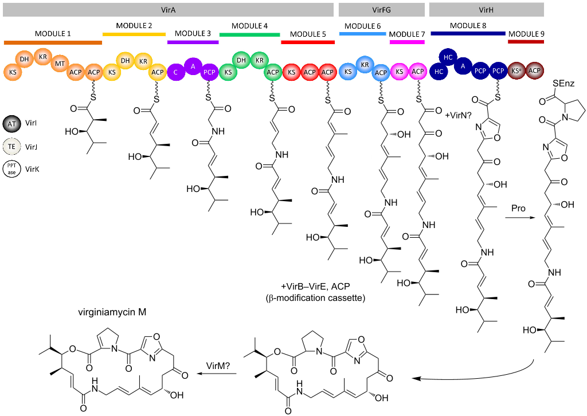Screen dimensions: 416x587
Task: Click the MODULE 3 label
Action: [x=193, y=34]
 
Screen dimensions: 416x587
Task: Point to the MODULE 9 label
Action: [x=526, y=34]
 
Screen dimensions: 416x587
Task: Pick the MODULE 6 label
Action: [x=362, y=26]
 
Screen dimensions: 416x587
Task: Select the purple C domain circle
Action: [x=177, y=72]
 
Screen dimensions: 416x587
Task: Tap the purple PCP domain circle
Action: [x=209, y=72]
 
